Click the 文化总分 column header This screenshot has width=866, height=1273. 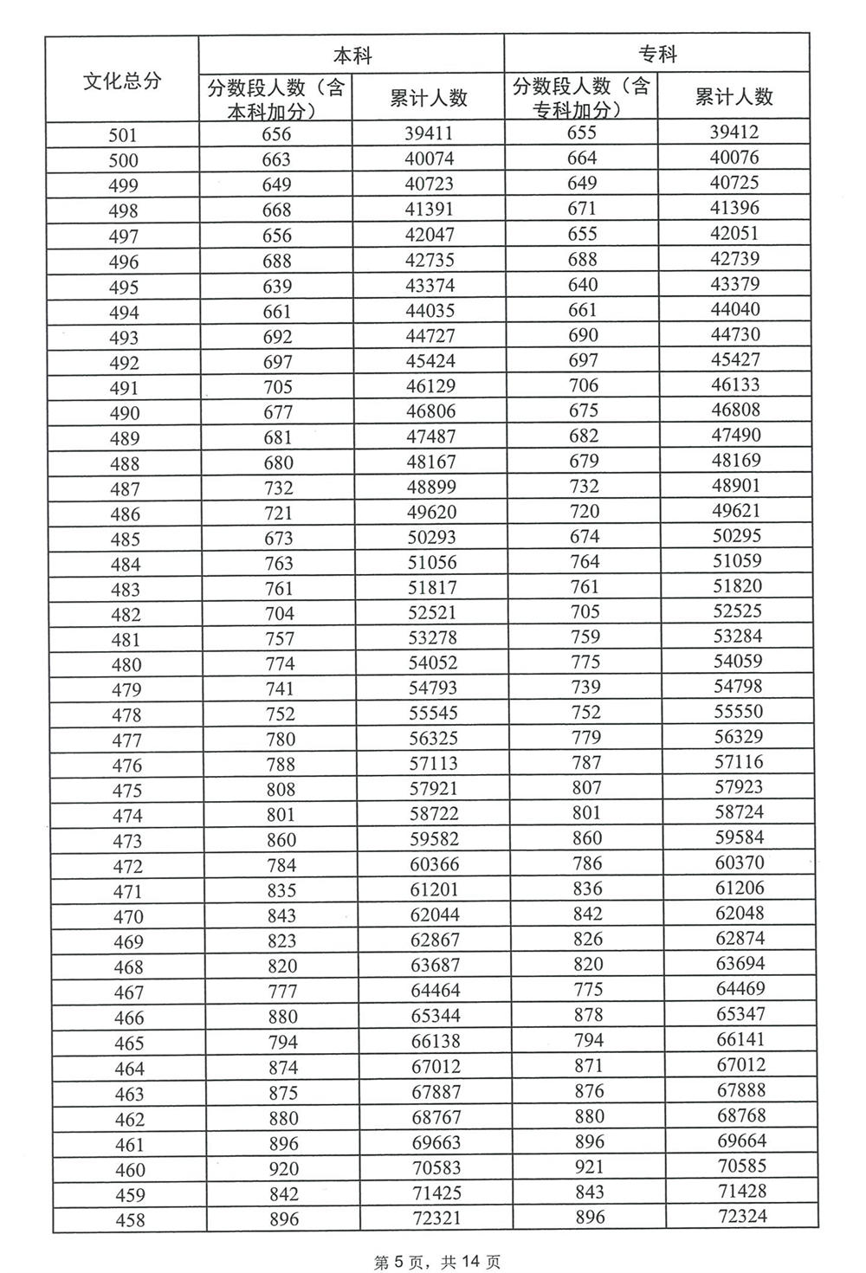[x=122, y=81]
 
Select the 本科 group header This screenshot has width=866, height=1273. [x=352, y=55]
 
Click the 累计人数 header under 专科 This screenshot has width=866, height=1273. [x=734, y=97]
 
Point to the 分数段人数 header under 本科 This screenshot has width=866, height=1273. [x=276, y=98]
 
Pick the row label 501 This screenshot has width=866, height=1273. [x=123, y=135]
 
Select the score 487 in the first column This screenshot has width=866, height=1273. [x=126, y=489]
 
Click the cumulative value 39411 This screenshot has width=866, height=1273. [x=429, y=133]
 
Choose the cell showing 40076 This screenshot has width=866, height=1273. [x=734, y=158]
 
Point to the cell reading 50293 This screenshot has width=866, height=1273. [x=431, y=537]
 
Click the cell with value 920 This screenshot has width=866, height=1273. [x=282, y=1169]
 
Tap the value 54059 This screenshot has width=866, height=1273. [x=737, y=662]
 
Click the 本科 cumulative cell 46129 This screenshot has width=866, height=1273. [x=430, y=386]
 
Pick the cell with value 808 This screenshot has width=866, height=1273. [x=280, y=790]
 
